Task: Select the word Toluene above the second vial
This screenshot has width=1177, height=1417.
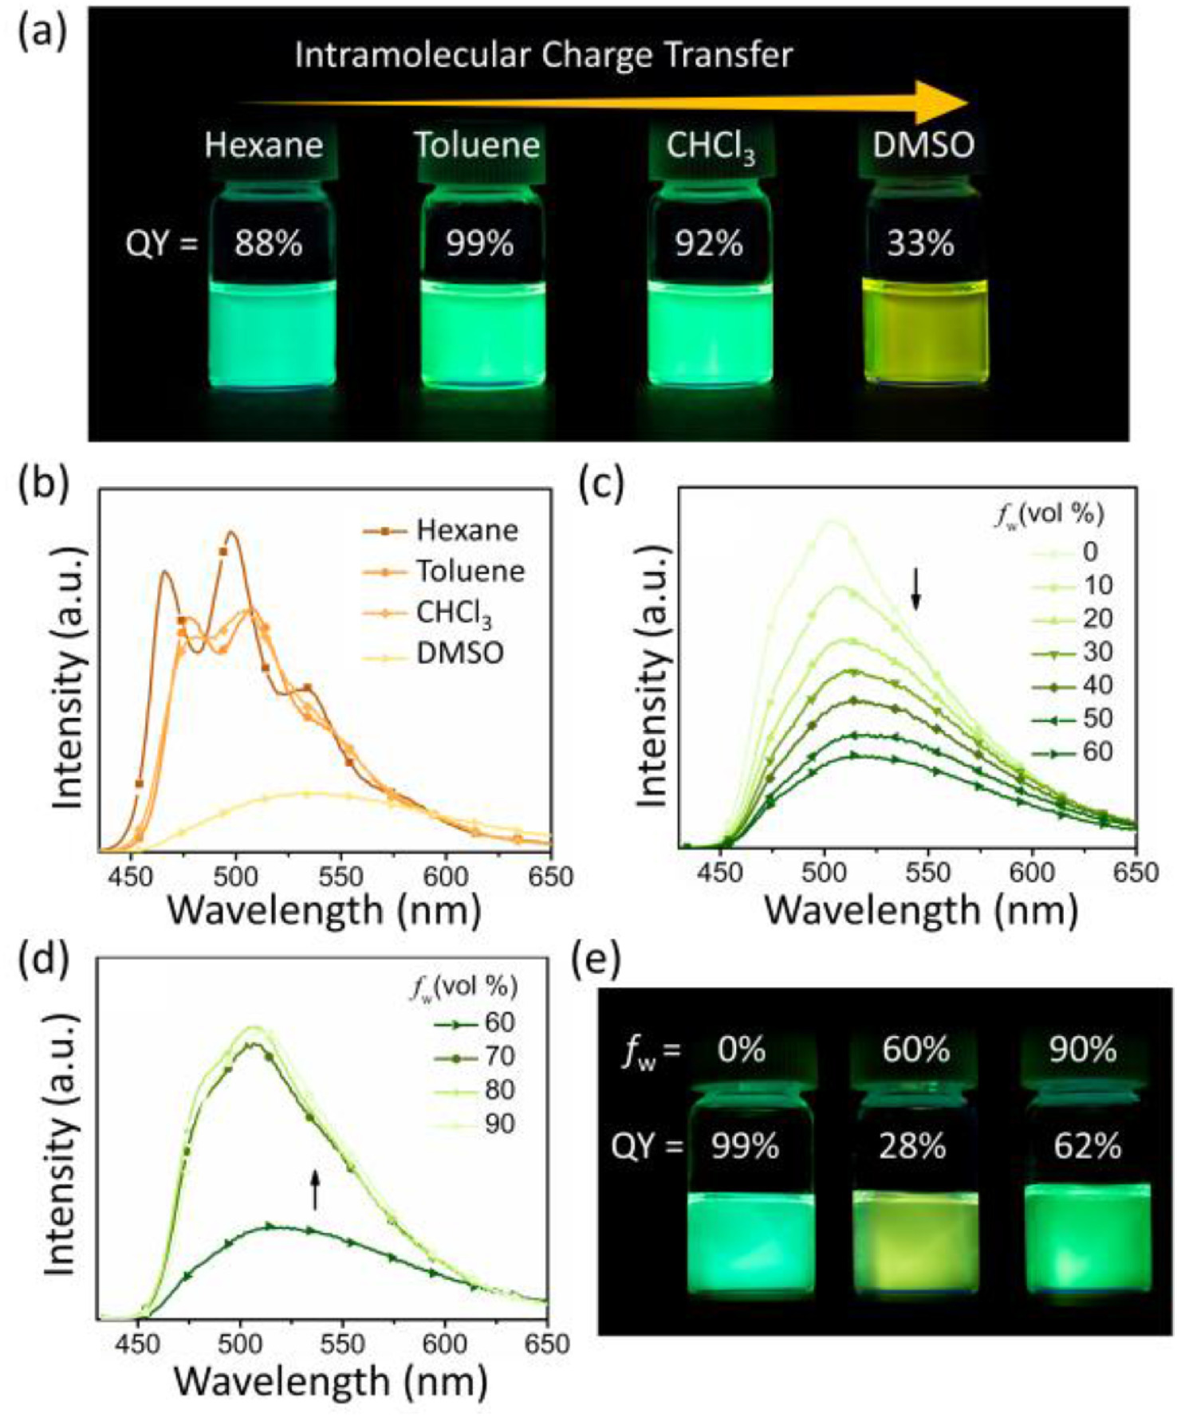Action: pyautogui.click(x=477, y=146)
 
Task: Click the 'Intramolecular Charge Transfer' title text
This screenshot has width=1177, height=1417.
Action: pyautogui.click(x=544, y=55)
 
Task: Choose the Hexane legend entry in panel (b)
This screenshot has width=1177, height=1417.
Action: pyautogui.click(x=466, y=530)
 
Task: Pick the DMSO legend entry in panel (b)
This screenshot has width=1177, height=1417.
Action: pyautogui.click(x=459, y=654)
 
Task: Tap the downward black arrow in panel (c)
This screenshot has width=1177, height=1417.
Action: pyautogui.click(x=916, y=589)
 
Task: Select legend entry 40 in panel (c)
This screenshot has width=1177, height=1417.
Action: pyautogui.click(x=1097, y=685)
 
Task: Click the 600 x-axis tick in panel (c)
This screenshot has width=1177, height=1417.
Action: pyautogui.click(x=1033, y=873)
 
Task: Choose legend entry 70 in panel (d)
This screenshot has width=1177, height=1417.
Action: pyautogui.click(x=499, y=1057)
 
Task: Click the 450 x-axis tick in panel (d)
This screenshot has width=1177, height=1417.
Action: pyautogui.click(x=138, y=1345)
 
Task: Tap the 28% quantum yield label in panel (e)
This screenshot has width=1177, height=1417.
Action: pyautogui.click(x=914, y=1147)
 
